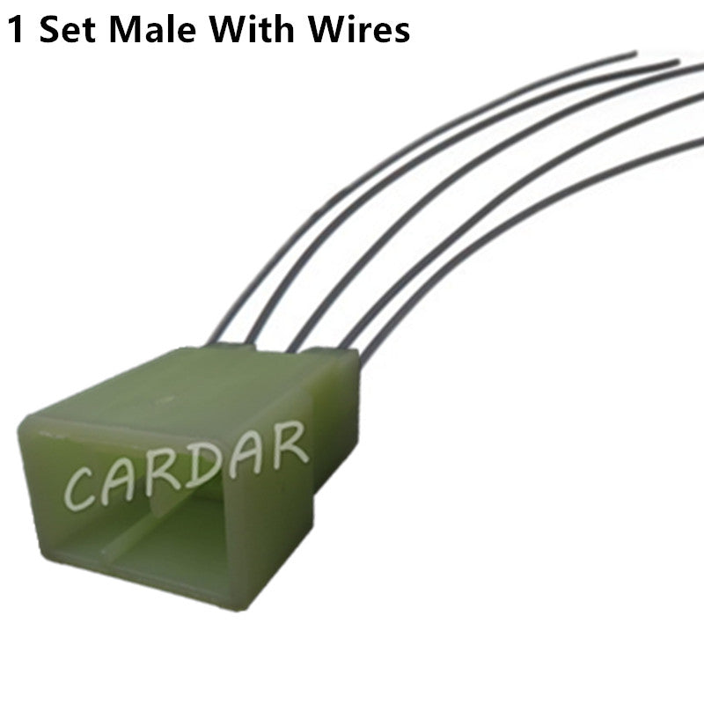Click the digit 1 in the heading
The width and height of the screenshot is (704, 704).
pos(15,30)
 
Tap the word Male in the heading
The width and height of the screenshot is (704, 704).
pos(152,30)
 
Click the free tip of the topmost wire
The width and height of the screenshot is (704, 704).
pos(634,54)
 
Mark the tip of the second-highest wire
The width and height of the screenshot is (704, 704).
pos(678,62)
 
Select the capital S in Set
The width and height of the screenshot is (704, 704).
pos(49,30)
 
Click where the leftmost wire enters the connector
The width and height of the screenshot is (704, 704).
pos(213,342)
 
